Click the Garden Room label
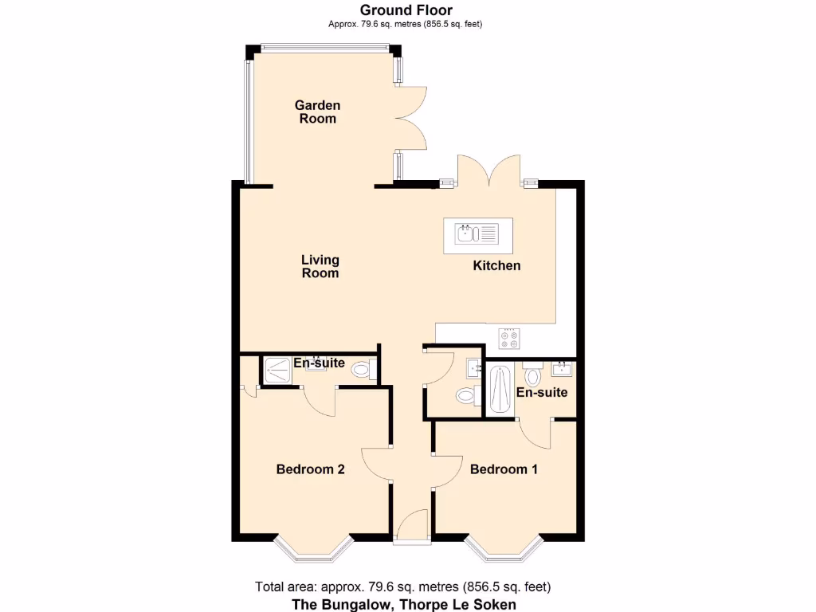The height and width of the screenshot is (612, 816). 317,112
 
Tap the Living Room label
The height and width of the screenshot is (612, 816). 320,266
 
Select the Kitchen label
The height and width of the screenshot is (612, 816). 496,265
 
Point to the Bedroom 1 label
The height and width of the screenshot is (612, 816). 504,469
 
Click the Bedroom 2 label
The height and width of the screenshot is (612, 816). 310,469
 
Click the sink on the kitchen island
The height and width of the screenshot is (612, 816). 476,233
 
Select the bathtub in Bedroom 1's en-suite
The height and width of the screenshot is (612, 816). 500,389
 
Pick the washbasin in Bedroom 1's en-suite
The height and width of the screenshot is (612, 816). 563,369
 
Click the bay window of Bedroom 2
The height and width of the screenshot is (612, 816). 313,549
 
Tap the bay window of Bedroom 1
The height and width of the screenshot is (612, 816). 504,549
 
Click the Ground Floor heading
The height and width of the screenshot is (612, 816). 406,10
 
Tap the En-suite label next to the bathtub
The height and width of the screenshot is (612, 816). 542,392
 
